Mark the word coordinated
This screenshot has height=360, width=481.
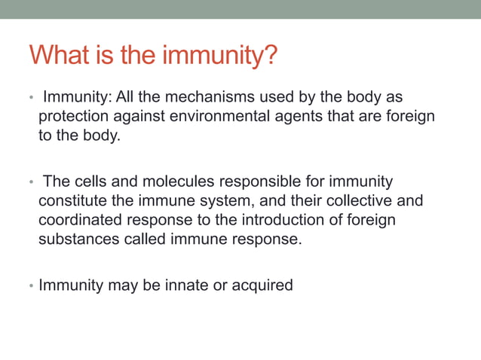pyautogui.click(x=82, y=221)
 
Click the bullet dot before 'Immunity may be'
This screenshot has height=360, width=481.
pyautogui.click(x=31, y=288)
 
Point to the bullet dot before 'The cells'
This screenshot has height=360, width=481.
pyautogui.click(x=31, y=183)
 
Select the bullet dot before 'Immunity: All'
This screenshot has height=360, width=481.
pyautogui.click(x=31, y=99)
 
